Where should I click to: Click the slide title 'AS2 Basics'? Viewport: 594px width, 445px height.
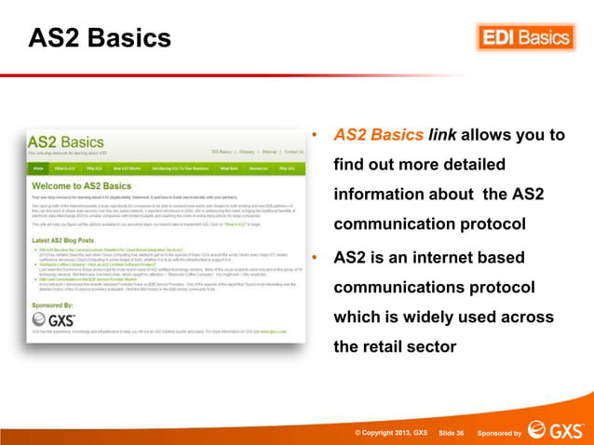[x=100, y=38]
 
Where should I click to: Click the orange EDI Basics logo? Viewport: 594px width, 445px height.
[x=526, y=37]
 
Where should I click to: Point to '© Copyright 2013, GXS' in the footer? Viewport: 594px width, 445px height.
[x=390, y=433]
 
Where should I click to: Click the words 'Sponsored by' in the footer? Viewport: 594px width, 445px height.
[x=499, y=433]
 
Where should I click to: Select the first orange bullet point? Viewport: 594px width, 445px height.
[x=316, y=136]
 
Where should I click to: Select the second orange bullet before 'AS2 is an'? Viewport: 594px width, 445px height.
[x=316, y=257]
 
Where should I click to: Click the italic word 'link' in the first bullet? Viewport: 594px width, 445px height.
[x=441, y=135]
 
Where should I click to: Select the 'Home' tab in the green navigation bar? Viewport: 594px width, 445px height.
[x=38, y=169]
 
